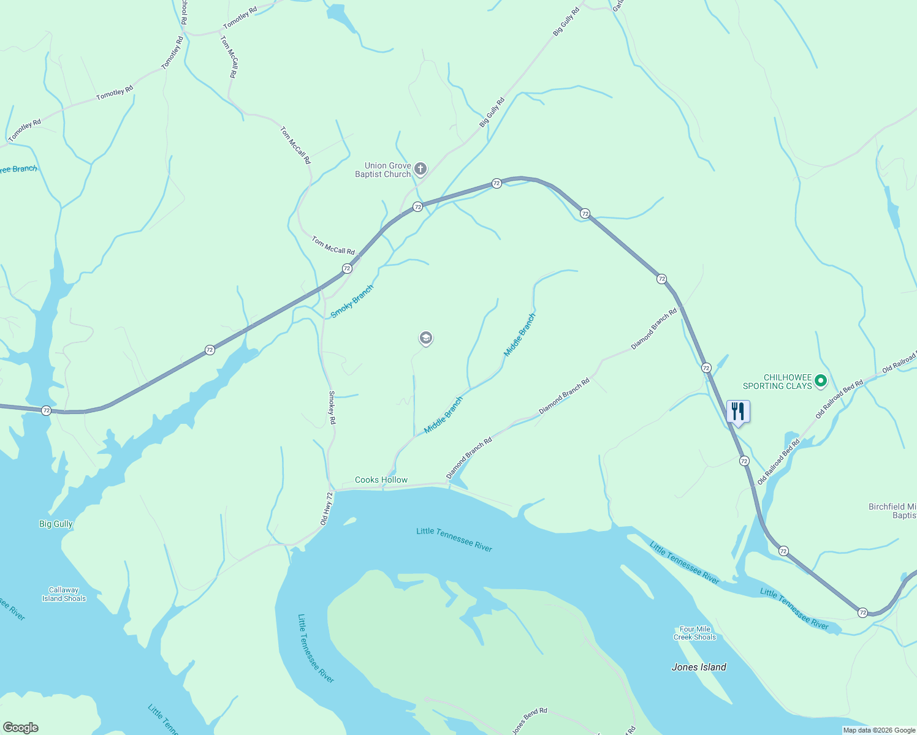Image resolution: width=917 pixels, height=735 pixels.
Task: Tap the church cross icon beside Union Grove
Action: pos(420,168)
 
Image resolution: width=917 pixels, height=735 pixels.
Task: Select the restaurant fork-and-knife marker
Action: pos(738,412)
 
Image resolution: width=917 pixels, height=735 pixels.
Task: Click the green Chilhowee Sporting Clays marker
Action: pos(821,381)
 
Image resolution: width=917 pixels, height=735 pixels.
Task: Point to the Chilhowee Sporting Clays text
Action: pos(777,382)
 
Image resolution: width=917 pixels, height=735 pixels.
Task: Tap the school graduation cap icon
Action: pos(425,337)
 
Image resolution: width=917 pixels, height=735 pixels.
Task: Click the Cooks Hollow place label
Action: pos(381,480)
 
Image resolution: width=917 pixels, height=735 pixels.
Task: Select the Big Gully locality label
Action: pos(56,524)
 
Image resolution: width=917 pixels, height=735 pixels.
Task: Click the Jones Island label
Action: pos(699,668)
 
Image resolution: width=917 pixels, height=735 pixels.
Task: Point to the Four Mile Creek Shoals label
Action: pos(694,633)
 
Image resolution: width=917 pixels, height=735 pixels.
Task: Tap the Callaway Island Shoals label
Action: pos(64,594)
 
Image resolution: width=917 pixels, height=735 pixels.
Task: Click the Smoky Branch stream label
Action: pos(352,301)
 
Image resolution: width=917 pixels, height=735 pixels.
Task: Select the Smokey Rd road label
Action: pos(332,408)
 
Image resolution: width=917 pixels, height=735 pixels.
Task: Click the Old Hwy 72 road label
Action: pos(326,509)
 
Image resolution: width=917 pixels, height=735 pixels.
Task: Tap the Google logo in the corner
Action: pos(20,728)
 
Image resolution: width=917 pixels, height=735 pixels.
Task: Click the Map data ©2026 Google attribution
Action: pos(878,730)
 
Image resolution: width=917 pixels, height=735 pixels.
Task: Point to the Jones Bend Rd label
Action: pos(530,720)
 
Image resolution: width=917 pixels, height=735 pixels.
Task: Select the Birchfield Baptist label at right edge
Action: pos(892,511)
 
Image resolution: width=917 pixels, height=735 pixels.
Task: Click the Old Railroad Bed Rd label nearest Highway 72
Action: pos(778,462)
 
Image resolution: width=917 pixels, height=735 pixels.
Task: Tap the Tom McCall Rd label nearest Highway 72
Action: pos(333,246)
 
